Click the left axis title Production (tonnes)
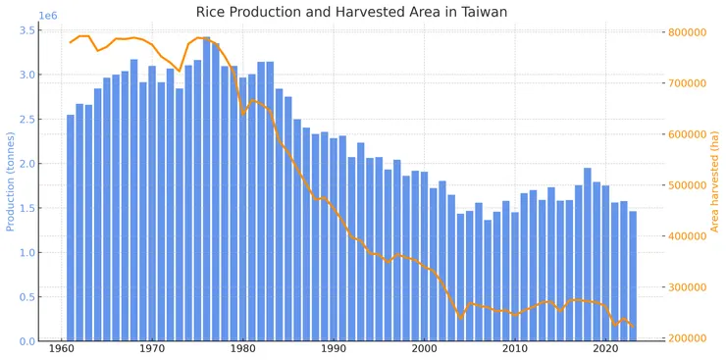click(11, 181)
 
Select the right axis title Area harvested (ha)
click(715, 181)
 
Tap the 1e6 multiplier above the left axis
click(48, 16)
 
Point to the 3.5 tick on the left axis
click(28, 30)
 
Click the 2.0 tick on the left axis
click(28, 164)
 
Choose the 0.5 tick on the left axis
click(28, 297)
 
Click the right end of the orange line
click(633, 326)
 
